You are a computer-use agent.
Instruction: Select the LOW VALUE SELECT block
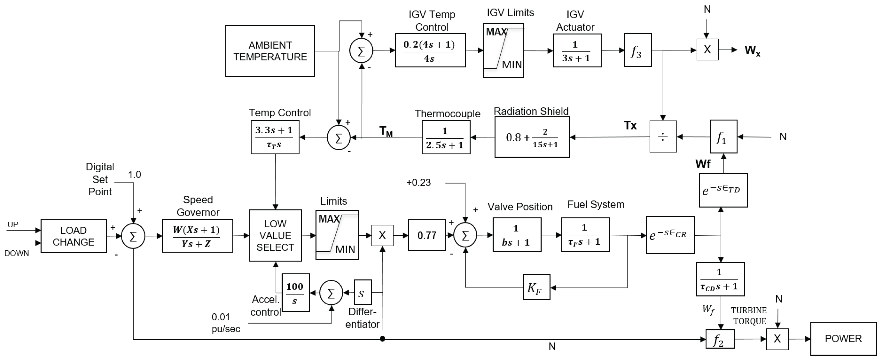275,235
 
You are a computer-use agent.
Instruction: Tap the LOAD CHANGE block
73,236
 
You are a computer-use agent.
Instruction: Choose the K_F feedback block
536,287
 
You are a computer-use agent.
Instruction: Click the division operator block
663,137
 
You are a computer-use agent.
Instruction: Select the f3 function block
637,50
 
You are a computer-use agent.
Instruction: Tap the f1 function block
723,137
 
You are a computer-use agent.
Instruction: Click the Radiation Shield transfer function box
532,137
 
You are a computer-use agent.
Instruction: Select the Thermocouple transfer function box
445,137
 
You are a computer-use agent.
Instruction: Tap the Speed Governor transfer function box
197,236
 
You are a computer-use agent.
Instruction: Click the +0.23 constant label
418,183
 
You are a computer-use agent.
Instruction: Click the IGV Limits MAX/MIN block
503,50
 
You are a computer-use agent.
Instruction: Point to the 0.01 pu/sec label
225,323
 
